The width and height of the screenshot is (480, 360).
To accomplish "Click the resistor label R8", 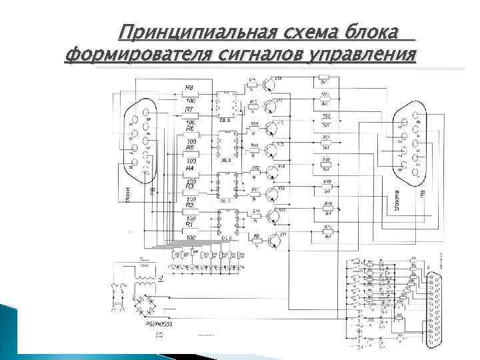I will click(x=189, y=88).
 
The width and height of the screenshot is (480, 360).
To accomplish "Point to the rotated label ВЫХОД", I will click(x=395, y=199).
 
